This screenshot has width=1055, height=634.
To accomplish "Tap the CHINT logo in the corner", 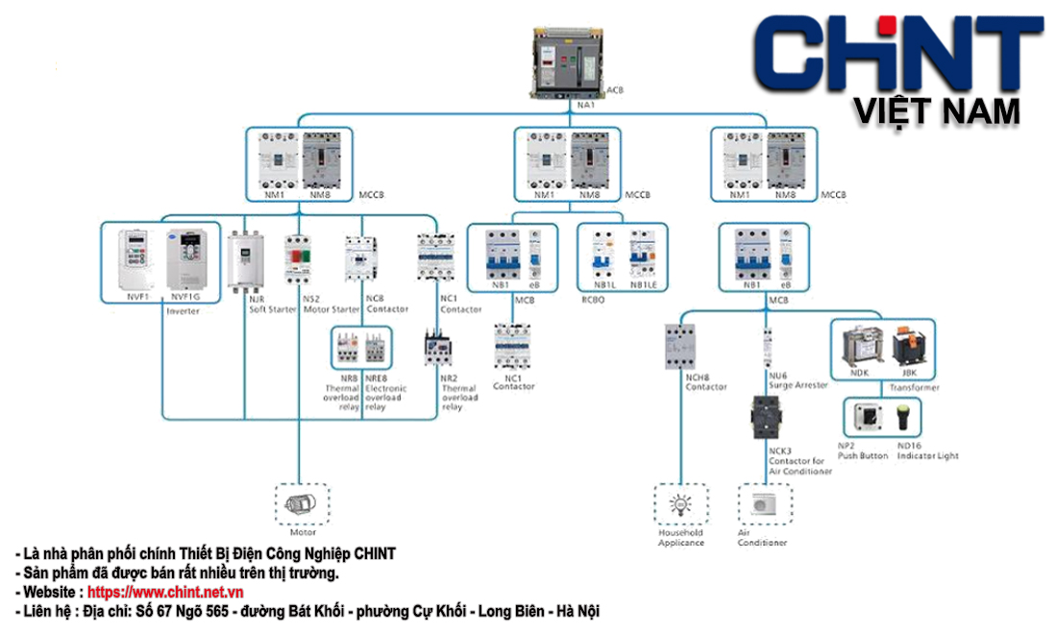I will (898, 53).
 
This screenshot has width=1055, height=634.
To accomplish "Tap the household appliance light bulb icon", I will (681, 504).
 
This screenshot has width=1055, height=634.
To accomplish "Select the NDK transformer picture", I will (859, 344).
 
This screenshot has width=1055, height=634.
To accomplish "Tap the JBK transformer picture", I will (907, 344).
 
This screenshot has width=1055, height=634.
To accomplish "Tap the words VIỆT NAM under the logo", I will (937, 112).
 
